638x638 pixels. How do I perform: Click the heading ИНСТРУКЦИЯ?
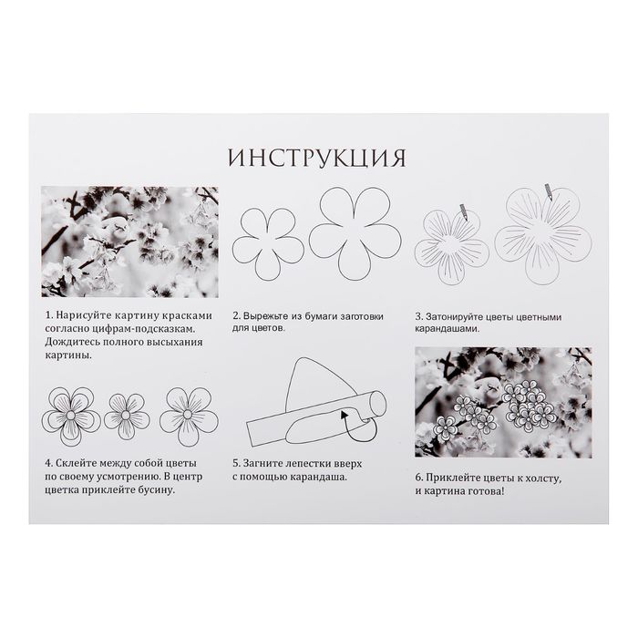317,159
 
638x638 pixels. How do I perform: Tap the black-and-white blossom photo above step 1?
129,242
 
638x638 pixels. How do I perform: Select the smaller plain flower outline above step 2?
268,244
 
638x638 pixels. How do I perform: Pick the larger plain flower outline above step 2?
355,233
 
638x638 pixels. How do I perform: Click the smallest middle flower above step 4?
126,416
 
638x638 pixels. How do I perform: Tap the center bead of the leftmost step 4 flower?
71,416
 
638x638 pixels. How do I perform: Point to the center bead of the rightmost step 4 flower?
188,414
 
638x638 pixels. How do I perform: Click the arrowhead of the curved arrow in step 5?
344,414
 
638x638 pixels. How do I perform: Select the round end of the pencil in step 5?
378,403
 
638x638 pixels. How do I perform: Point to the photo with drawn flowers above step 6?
503,403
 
